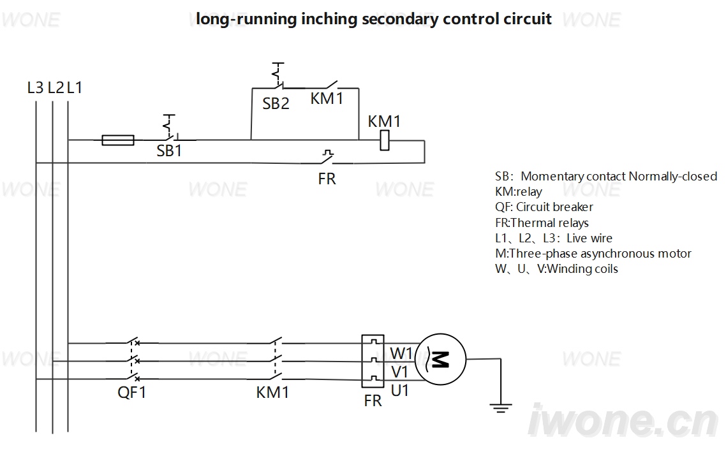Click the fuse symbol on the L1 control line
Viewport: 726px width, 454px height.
(117, 140)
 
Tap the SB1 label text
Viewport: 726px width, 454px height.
(169, 151)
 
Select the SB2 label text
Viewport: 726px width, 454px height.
(276, 103)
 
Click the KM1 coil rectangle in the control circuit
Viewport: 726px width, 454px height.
(384, 140)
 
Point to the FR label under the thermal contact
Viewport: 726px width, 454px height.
(327, 179)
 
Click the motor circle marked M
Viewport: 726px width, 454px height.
(440, 359)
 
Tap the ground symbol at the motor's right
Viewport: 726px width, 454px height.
(501, 407)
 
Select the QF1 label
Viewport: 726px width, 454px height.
(132, 392)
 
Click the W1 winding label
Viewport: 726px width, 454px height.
(401, 353)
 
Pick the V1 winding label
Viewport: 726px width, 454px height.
(399, 372)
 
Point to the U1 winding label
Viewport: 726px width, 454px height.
(400, 391)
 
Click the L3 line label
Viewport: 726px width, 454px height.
(35, 87)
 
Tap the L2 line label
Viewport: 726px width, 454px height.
(56, 87)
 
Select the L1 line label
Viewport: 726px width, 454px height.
(75, 87)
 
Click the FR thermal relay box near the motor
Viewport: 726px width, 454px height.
(373, 361)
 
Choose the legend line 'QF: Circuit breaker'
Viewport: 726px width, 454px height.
(544, 207)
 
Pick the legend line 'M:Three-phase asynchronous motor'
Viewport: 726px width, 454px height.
(593, 254)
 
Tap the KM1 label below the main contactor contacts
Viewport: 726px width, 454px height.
(272, 392)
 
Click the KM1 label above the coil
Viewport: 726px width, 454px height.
(384, 121)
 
